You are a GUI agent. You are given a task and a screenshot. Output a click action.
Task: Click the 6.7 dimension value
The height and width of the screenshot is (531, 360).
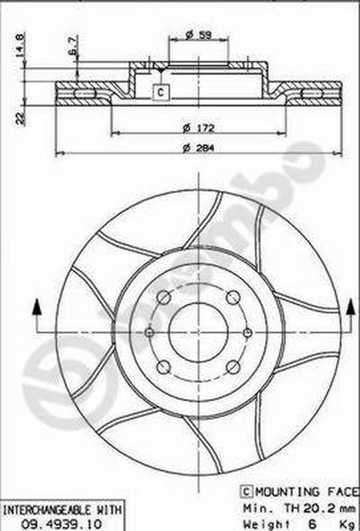[x=72, y=46]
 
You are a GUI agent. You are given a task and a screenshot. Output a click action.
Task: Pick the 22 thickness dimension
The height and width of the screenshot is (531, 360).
[x=20, y=118]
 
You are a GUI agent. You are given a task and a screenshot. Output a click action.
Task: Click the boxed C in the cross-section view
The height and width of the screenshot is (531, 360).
[x=160, y=92]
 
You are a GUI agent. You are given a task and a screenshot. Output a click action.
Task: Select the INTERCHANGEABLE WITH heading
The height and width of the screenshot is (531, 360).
[x=63, y=510]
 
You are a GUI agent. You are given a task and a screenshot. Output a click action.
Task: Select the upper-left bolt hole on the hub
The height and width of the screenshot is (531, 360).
[x=164, y=298]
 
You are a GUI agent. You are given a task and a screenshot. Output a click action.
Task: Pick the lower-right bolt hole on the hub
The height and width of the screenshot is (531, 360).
[x=232, y=367]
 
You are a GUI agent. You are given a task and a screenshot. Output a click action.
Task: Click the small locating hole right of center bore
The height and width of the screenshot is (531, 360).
[x=248, y=333]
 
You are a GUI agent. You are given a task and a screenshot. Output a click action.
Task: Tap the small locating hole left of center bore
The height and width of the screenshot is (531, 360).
[x=149, y=332]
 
